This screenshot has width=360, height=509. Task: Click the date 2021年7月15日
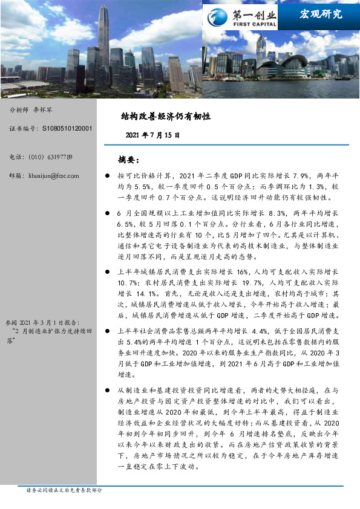(152, 135)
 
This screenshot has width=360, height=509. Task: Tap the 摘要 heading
(129, 160)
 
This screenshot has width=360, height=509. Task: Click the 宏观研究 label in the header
(321, 13)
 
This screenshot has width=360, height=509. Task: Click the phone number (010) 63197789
(50, 157)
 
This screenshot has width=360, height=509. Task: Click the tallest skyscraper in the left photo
(103, 42)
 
